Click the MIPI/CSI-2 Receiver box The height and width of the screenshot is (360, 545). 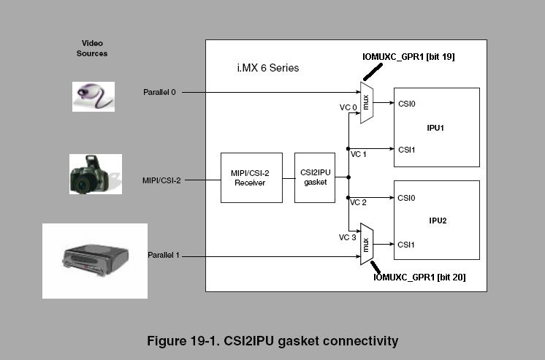pyautogui.click(x=251, y=177)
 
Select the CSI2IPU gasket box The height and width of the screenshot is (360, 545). pyautogui.click(x=314, y=177)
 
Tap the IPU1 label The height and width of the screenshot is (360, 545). pyautogui.click(x=435, y=128)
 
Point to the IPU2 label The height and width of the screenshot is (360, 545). pyautogui.click(x=435, y=219)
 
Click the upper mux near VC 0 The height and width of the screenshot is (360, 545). pyautogui.click(x=367, y=102)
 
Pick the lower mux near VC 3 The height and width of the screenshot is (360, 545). pyautogui.click(x=367, y=245)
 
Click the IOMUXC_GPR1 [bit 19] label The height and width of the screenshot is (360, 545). pyautogui.click(x=409, y=56)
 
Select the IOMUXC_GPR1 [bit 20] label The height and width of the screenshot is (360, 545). pyautogui.click(x=419, y=277)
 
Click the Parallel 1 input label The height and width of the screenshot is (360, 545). pyautogui.click(x=163, y=256)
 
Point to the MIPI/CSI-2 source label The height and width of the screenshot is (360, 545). pyautogui.click(x=161, y=179)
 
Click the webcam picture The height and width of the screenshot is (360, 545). pyautogui.click(x=94, y=96)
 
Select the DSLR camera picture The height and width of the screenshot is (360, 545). pyautogui.click(x=95, y=174)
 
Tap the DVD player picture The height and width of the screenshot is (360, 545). pyautogui.click(x=95, y=261)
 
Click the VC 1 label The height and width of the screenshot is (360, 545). pyautogui.click(x=358, y=154)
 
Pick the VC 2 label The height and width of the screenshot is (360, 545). pyautogui.click(x=358, y=202)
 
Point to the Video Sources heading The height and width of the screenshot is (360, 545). pyautogui.click(x=92, y=48)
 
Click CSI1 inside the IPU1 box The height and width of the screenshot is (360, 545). pyautogui.click(x=406, y=149)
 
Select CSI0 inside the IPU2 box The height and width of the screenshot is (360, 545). pyautogui.click(x=406, y=198)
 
